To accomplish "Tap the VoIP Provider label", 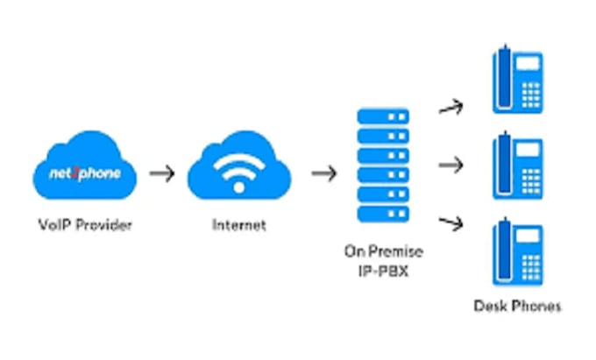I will pyautogui.click(x=85, y=225).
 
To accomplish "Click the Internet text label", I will pyautogui.click(x=238, y=225).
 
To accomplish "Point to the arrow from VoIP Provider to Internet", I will pyautogui.click(x=161, y=173).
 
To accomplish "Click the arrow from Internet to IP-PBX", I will pyautogui.click(x=324, y=173).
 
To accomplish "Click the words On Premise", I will pyautogui.click(x=383, y=251).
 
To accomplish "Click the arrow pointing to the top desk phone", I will pyautogui.click(x=451, y=108).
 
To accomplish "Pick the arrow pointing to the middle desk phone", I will pyautogui.click(x=451, y=164).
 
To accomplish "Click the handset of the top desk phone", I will pyautogui.click(x=503, y=80).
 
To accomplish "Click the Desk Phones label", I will pyautogui.click(x=517, y=306).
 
